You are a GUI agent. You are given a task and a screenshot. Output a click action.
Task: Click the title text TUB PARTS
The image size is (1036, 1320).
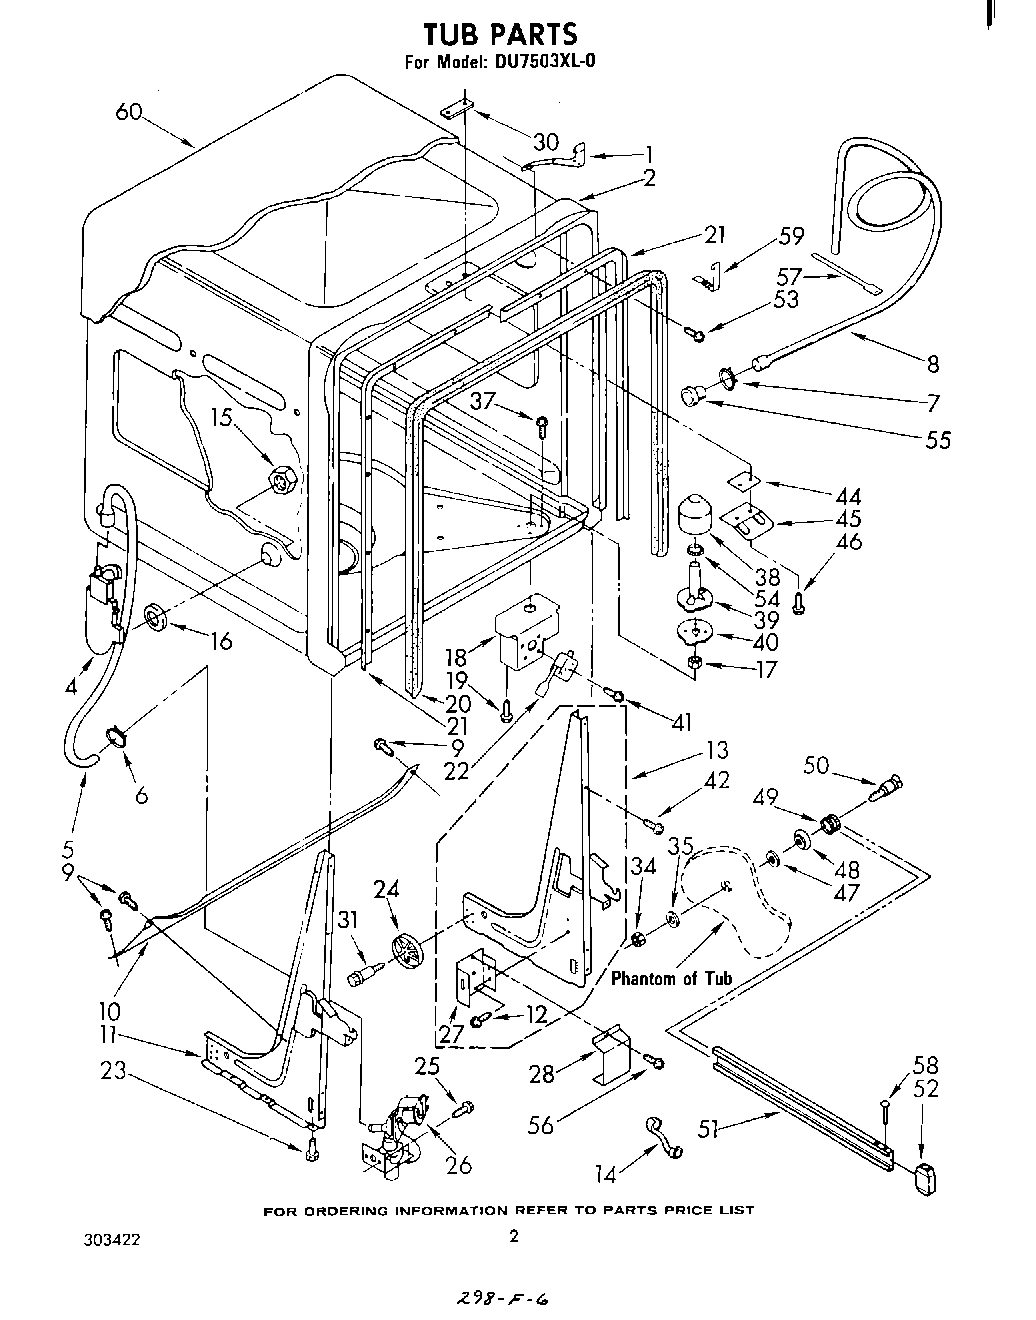point(500,34)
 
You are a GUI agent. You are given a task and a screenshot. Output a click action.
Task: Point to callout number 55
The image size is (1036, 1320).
point(937,439)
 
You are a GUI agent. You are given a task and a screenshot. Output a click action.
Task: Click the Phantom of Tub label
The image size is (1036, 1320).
point(671,978)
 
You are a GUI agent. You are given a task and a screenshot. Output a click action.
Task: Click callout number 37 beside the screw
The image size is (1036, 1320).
point(484,401)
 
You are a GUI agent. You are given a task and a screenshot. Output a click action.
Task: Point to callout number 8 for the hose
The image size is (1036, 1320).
point(933,364)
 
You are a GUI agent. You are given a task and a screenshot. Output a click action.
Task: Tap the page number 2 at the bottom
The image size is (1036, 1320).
point(514,1237)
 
